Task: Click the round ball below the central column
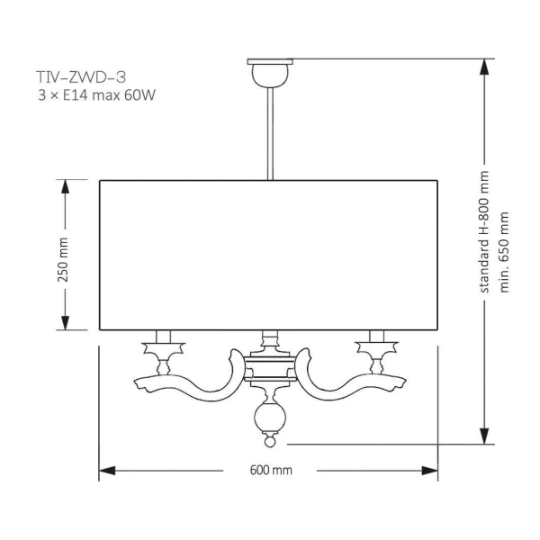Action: [269, 416]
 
